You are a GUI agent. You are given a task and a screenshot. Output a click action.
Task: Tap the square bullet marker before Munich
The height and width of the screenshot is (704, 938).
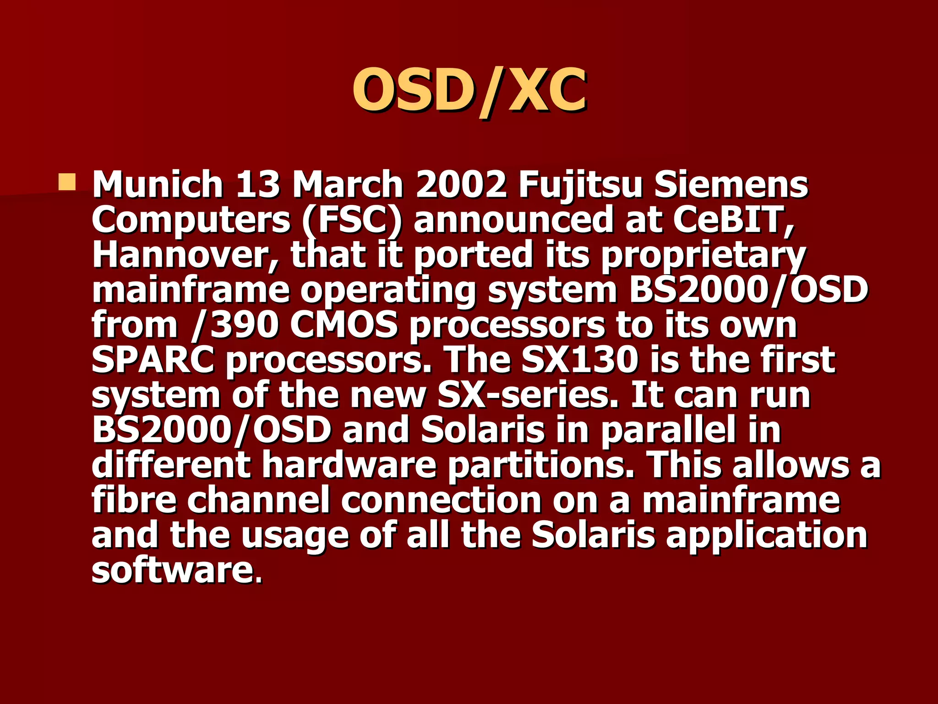coord(66,182)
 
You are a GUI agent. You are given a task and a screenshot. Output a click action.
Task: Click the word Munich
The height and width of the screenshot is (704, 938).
coord(158,185)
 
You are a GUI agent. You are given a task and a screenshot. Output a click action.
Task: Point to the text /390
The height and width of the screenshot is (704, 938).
coord(235,326)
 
